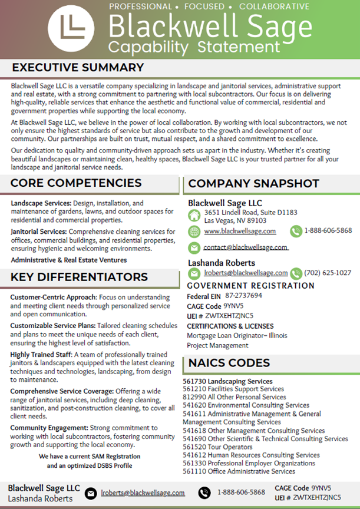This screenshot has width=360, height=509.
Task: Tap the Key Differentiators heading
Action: pos(79,277)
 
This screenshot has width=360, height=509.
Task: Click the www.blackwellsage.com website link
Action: pos(240,232)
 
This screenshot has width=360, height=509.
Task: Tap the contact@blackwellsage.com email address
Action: pos(246,247)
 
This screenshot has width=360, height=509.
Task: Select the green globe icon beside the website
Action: pos(194,232)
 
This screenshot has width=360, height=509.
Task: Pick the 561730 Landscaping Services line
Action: pos(227,382)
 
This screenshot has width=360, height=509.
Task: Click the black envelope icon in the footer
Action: pos(91,493)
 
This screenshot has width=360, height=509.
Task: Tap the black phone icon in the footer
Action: pos(204,493)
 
